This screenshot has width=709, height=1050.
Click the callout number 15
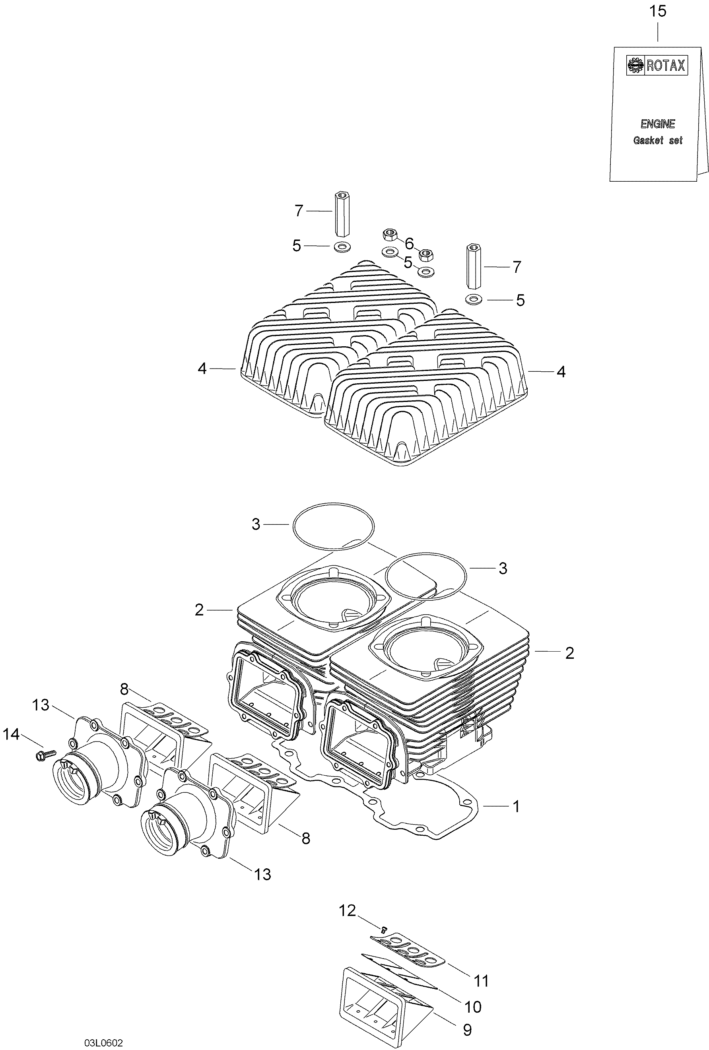(657, 11)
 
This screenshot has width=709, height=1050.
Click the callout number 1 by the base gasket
(516, 806)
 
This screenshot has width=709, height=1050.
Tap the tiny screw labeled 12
(384, 930)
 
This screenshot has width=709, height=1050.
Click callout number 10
(473, 1006)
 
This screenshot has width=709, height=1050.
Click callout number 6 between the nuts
(409, 244)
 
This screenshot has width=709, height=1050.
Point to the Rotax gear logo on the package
(635, 66)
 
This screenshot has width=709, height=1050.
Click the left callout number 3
(256, 524)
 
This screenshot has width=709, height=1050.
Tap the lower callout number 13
(262, 874)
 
